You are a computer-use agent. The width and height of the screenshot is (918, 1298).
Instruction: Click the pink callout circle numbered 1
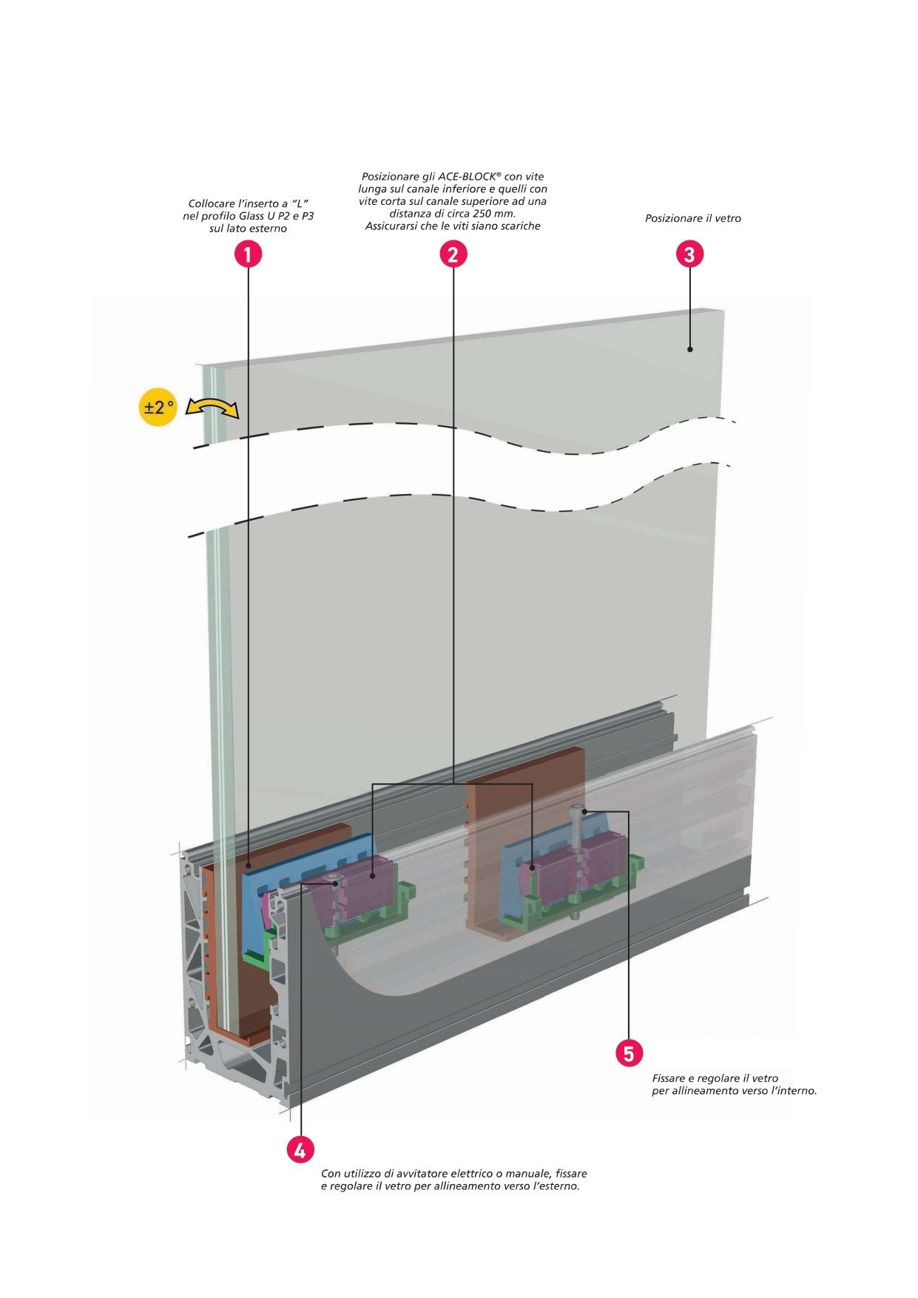point(248,254)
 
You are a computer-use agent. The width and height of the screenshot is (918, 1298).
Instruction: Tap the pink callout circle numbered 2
point(453,254)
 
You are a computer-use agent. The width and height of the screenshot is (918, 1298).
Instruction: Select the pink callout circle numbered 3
point(689,254)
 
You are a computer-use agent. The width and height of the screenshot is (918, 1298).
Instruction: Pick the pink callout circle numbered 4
point(300,1149)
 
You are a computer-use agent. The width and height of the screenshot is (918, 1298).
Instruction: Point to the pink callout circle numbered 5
point(629,1052)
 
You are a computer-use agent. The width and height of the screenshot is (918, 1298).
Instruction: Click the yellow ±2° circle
point(158,407)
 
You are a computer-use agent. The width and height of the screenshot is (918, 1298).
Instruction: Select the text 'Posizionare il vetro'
point(692,218)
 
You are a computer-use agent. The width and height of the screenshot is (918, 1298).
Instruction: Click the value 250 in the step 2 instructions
point(483,213)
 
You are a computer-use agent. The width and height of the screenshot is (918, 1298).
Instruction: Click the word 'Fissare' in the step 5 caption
point(670,1078)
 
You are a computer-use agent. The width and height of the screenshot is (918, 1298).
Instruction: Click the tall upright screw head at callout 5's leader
point(578,808)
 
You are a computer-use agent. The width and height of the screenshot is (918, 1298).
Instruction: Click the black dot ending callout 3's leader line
point(689,349)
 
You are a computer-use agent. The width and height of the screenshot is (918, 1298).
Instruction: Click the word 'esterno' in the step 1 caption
point(268,229)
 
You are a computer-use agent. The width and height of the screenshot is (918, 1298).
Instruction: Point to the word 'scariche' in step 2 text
point(519,226)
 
